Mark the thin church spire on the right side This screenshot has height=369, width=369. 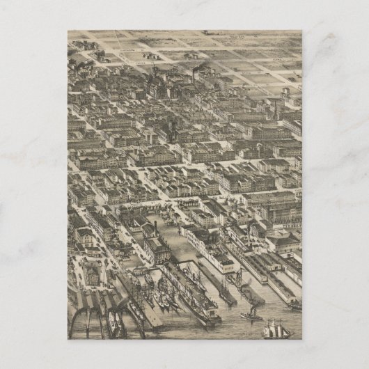coord(276,111)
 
